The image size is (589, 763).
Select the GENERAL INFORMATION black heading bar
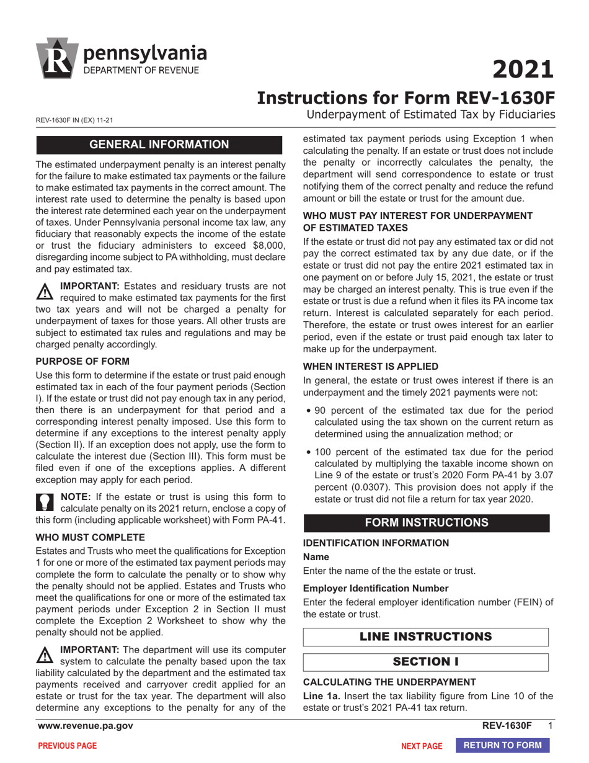(x=159, y=145)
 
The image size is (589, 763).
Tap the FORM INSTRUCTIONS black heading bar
(x=426, y=522)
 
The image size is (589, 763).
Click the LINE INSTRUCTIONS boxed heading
(x=426, y=636)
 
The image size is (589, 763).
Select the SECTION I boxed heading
(x=426, y=662)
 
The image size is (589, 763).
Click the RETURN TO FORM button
(x=503, y=746)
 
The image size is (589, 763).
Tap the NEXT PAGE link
(x=422, y=746)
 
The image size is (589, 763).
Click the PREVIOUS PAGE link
(x=68, y=746)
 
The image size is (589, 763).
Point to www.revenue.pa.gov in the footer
(x=86, y=726)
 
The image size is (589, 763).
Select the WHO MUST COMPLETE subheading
(x=81, y=537)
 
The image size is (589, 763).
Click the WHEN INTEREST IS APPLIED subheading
(x=370, y=366)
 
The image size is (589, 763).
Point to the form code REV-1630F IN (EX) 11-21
(x=74, y=120)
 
